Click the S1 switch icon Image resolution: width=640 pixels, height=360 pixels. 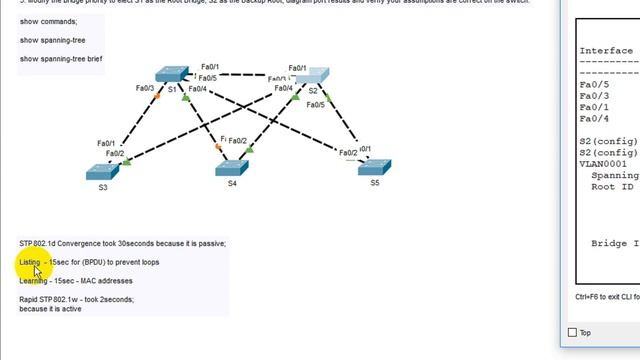tap(171, 74)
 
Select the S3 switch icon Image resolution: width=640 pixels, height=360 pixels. tap(102, 171)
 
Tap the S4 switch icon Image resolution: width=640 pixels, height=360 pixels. tap(231, 167)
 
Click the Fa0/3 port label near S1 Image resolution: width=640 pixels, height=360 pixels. tap(145, 88)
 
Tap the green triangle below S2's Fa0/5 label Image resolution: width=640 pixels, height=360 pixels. tap(326, 96)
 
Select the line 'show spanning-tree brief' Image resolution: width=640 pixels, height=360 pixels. tap(60, 58)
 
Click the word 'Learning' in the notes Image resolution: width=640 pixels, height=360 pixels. tap(34, 281)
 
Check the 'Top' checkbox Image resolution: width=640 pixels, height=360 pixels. tap(572, 333)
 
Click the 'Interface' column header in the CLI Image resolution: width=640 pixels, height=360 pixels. tap(605, 51)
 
